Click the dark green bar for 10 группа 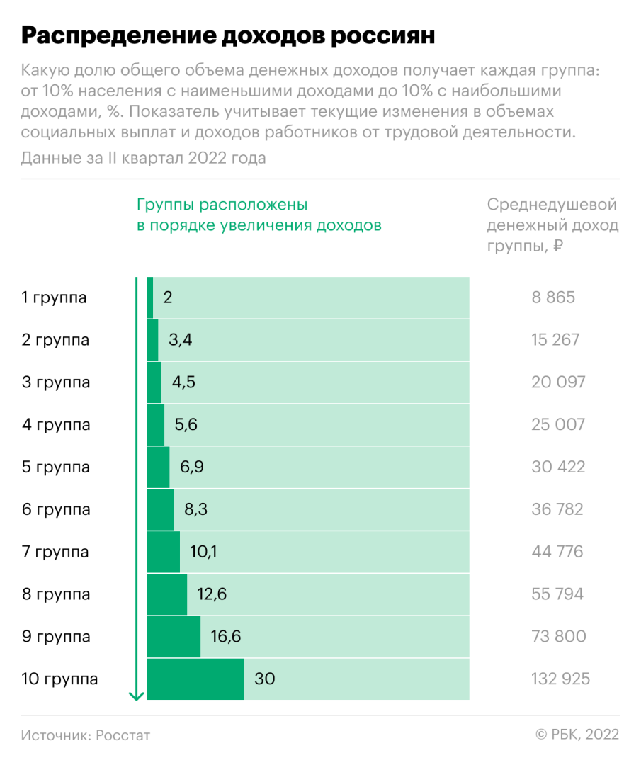[x=195, y=679]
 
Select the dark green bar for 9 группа [x=174, y=637]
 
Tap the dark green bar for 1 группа [x=150, y=297]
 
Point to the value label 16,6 [x=226, y=637]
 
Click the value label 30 [x=264, y=679]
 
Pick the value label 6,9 [x=193, y=467]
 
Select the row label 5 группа [x=56, y=467]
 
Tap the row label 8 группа [x=56, y=594]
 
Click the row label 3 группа [x=56, y=382]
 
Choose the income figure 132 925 [x=560, y=679]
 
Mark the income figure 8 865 [x=553, y=297]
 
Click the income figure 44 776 [x=557, y=552]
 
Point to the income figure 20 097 [x=558, y=382]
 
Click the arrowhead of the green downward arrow [x=137, y=696]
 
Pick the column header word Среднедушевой [x=552, y=205]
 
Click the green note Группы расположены [x=222, y=205]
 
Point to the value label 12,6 [x=212, y=594]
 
